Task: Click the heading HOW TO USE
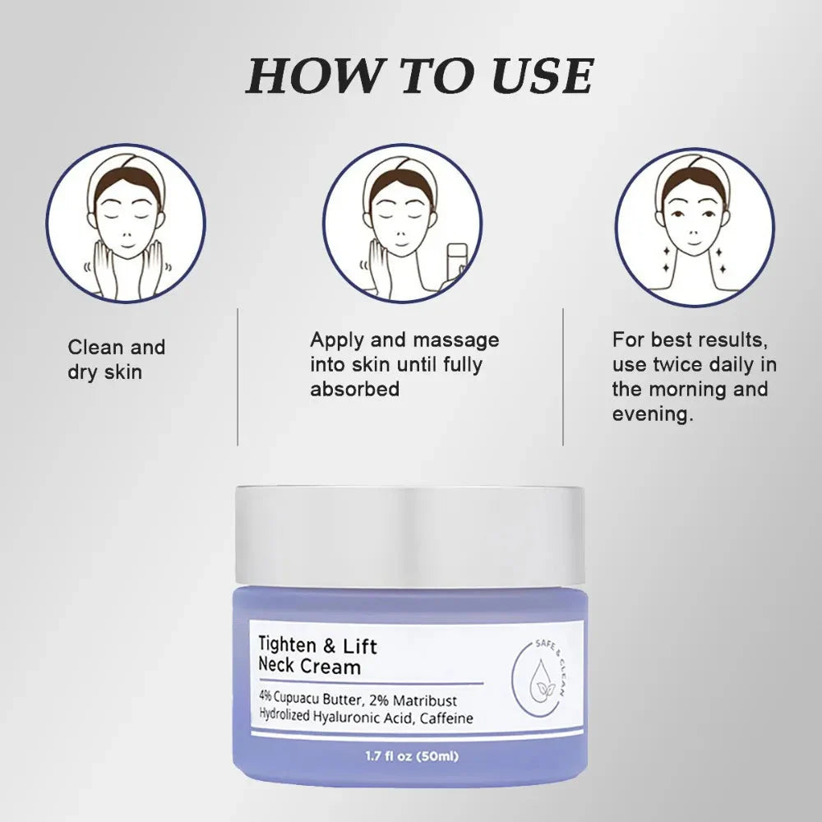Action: (419, 76)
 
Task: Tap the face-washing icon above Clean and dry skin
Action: (126, 223)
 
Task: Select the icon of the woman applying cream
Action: (402, 223)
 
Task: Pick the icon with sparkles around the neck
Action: (695, 223)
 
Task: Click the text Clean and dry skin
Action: (116, 359)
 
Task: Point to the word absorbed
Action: (354, 389)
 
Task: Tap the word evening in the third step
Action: (649, 414)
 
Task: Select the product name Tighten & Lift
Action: (318, 646)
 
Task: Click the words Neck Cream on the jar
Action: (310, 667)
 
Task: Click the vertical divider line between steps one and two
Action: (238, 376)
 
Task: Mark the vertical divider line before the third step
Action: (563, 376)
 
